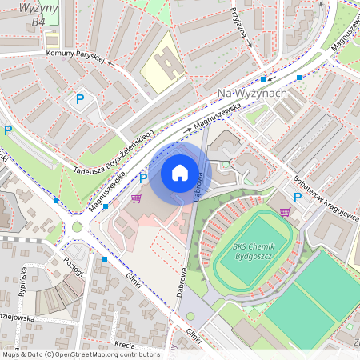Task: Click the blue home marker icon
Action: [180, 173]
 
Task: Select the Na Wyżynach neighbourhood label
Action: [252, 94]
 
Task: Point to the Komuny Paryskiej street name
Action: [76, 55]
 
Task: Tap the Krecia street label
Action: [125, 345]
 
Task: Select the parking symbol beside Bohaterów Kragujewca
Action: [298, 197]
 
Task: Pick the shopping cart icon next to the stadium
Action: [285, 212]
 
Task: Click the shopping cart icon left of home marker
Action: [136, 198]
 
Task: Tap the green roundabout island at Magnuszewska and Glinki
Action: [78, 226]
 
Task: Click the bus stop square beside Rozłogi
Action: [104, 259]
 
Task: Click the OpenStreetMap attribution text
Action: [80, 354]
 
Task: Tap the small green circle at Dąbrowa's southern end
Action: [190, 316]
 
